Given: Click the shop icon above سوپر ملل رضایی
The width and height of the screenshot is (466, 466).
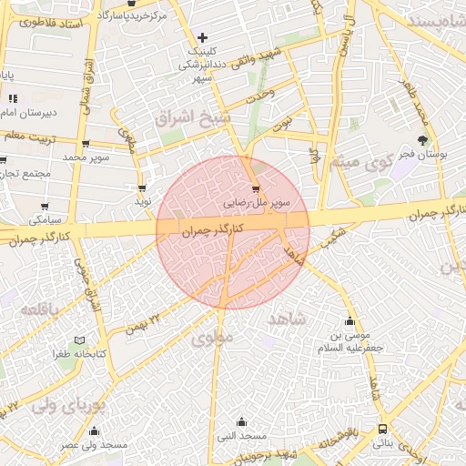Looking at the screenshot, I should pyautogui.click(x=255, y=189).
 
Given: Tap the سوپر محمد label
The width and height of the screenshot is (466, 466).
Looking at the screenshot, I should pyautogui.click(x=86, y=157).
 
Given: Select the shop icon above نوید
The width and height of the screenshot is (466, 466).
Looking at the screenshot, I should pyautogui.click(x=142, y=188).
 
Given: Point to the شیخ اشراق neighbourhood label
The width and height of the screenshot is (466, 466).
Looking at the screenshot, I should pyautogui.click(x=208, y=118).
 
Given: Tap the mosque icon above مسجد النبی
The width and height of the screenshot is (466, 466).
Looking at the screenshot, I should pyautogui.click(x=241, y=421).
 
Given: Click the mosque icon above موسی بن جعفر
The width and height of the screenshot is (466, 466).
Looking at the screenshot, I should pyautogui.click(x=350, y=320).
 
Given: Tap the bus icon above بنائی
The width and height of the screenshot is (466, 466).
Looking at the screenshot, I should pyautogui.click(x=382, y=428).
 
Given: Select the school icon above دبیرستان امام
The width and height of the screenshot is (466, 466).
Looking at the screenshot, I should pyautogui.click(x=13, y=98).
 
